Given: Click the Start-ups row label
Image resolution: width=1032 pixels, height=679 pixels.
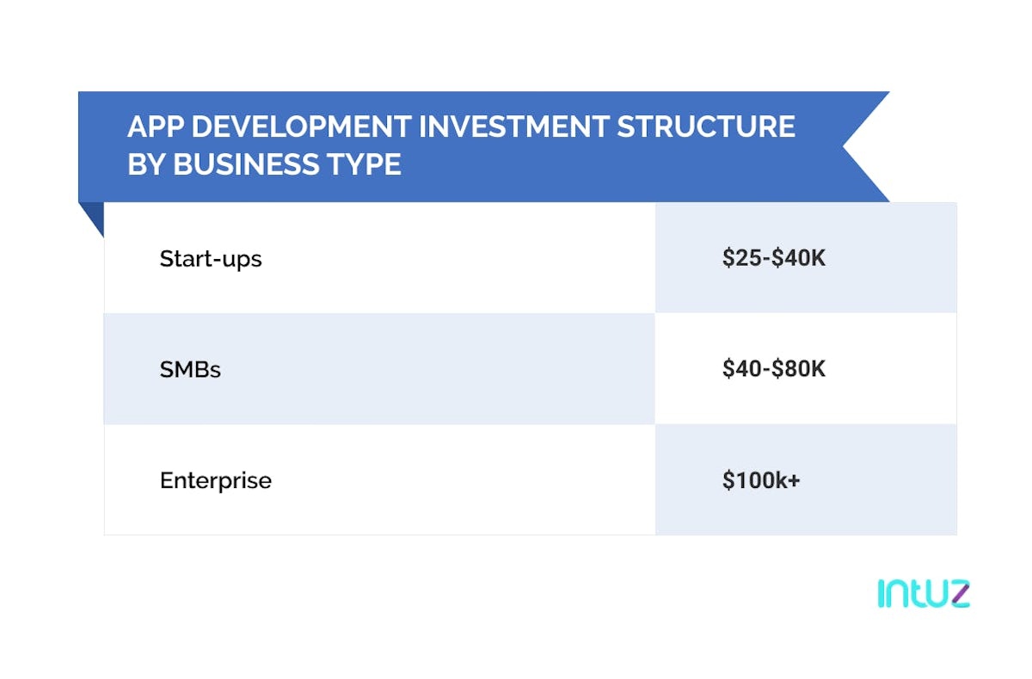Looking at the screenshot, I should click(211, 258).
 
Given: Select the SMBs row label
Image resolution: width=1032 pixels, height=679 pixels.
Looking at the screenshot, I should click(190, 369).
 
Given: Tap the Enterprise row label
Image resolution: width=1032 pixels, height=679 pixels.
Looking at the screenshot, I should click(216, 480).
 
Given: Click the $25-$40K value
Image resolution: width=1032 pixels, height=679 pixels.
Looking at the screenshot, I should click(774, 258).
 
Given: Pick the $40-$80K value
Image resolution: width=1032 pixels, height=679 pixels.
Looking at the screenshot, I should click(774, 369).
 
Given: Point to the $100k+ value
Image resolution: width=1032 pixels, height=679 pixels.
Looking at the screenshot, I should click(761, 480).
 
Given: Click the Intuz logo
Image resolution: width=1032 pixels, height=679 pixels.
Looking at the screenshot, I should click(924, 594).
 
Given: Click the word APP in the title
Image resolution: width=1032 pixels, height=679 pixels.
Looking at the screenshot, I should click(153, 127).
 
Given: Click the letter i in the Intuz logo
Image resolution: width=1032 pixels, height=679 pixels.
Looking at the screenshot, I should click(881, 595).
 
